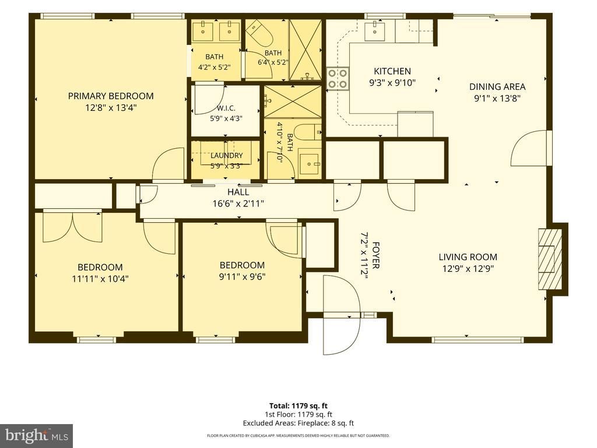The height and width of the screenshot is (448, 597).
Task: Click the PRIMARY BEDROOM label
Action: (x=111, y=96)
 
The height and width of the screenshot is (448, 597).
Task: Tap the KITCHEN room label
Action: (x=392, y=71)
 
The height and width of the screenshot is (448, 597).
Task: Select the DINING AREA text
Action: (x=497, y=87)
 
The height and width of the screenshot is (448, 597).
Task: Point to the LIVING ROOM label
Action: (x=468, y=257)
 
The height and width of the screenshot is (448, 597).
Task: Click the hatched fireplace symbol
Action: (x=550, y=259)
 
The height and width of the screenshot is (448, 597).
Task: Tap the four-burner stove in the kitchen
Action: (x=338, y=79)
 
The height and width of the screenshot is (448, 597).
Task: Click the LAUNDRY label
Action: (x=227, y=155)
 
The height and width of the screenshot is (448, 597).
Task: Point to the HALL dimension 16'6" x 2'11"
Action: (x=238, y=204)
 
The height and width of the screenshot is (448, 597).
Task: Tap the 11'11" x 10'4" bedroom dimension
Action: (x=100, y=279)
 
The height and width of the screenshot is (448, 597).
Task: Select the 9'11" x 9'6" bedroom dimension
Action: (x=242, y=276)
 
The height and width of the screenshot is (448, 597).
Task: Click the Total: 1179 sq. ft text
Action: (x=298, y=406)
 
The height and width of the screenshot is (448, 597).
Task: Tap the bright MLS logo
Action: (x=37, y=435)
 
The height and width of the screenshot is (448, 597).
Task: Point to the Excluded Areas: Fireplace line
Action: (x=298, y=423)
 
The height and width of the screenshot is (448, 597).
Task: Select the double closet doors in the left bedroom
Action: (x=73, y=227)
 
